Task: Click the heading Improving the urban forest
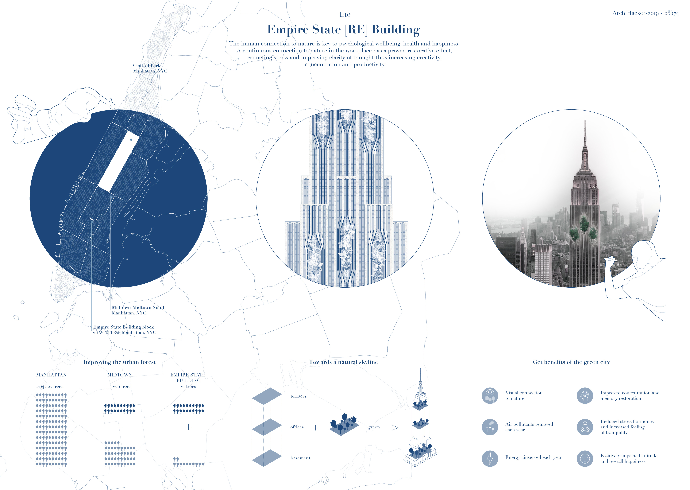coord(119,362)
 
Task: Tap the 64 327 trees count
coord(51,387)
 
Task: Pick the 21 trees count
coord(188,387)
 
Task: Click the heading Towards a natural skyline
coord(343,362)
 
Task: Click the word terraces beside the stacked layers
coord(299,396)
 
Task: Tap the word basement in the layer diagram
coord(300,458)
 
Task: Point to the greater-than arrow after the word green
coord(395,428)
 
